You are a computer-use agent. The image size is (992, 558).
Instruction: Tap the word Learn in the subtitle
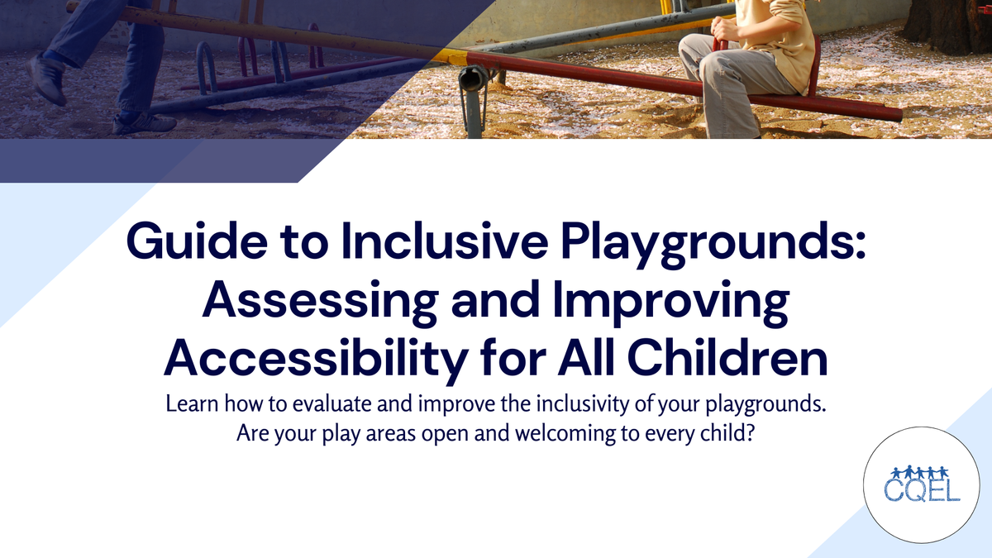[189, 406]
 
